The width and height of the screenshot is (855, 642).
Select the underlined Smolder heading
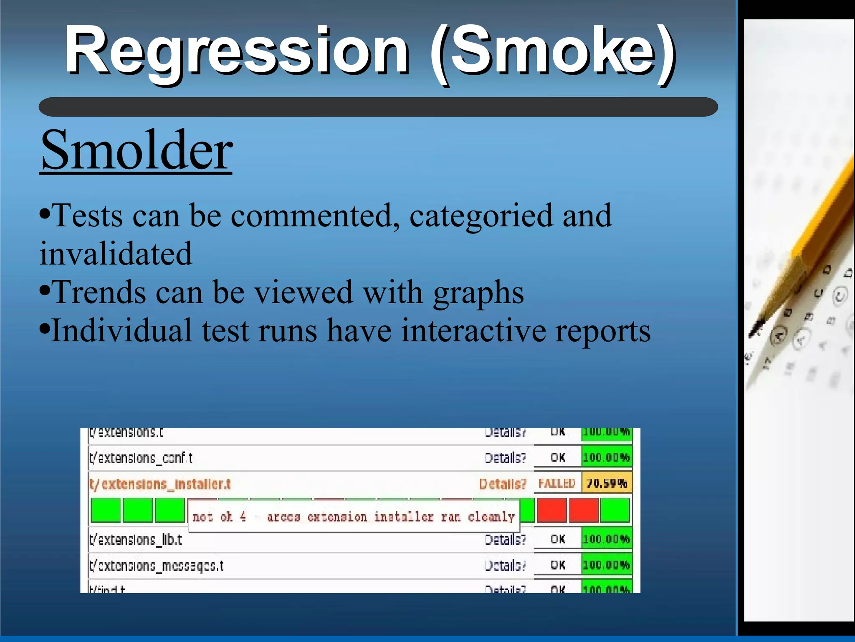pyautogui.click(x=136, y=150)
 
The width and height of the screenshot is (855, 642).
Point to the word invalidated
pyautogui.click(x=116, y=254)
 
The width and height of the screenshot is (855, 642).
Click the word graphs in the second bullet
pyautogui.click(x=478, y=292)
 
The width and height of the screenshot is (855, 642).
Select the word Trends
pyautogui.click(x=99, y=292)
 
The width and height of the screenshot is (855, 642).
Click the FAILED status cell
pyautogui.click(x=557, y=484)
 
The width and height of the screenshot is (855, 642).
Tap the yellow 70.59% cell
pyautogui.click(x=607, y=484)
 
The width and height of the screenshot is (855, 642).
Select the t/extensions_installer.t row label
pyautogui.click(x=160, y=485)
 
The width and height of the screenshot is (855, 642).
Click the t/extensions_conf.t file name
pyautogui.click(x=141, y=458)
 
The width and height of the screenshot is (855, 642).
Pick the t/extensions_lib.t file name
pyautogui.click(x=136, y=540)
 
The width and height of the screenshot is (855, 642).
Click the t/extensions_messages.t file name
pyautogui.click(x=157, y=566)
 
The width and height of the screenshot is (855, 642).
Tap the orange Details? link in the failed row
pyautogui.click(x=503, y=484)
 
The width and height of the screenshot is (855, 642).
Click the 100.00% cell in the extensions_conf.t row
pyautogui.click(x=606, y=458)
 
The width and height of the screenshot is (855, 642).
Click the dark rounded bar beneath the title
pyautogui.click(x=378, y=107)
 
